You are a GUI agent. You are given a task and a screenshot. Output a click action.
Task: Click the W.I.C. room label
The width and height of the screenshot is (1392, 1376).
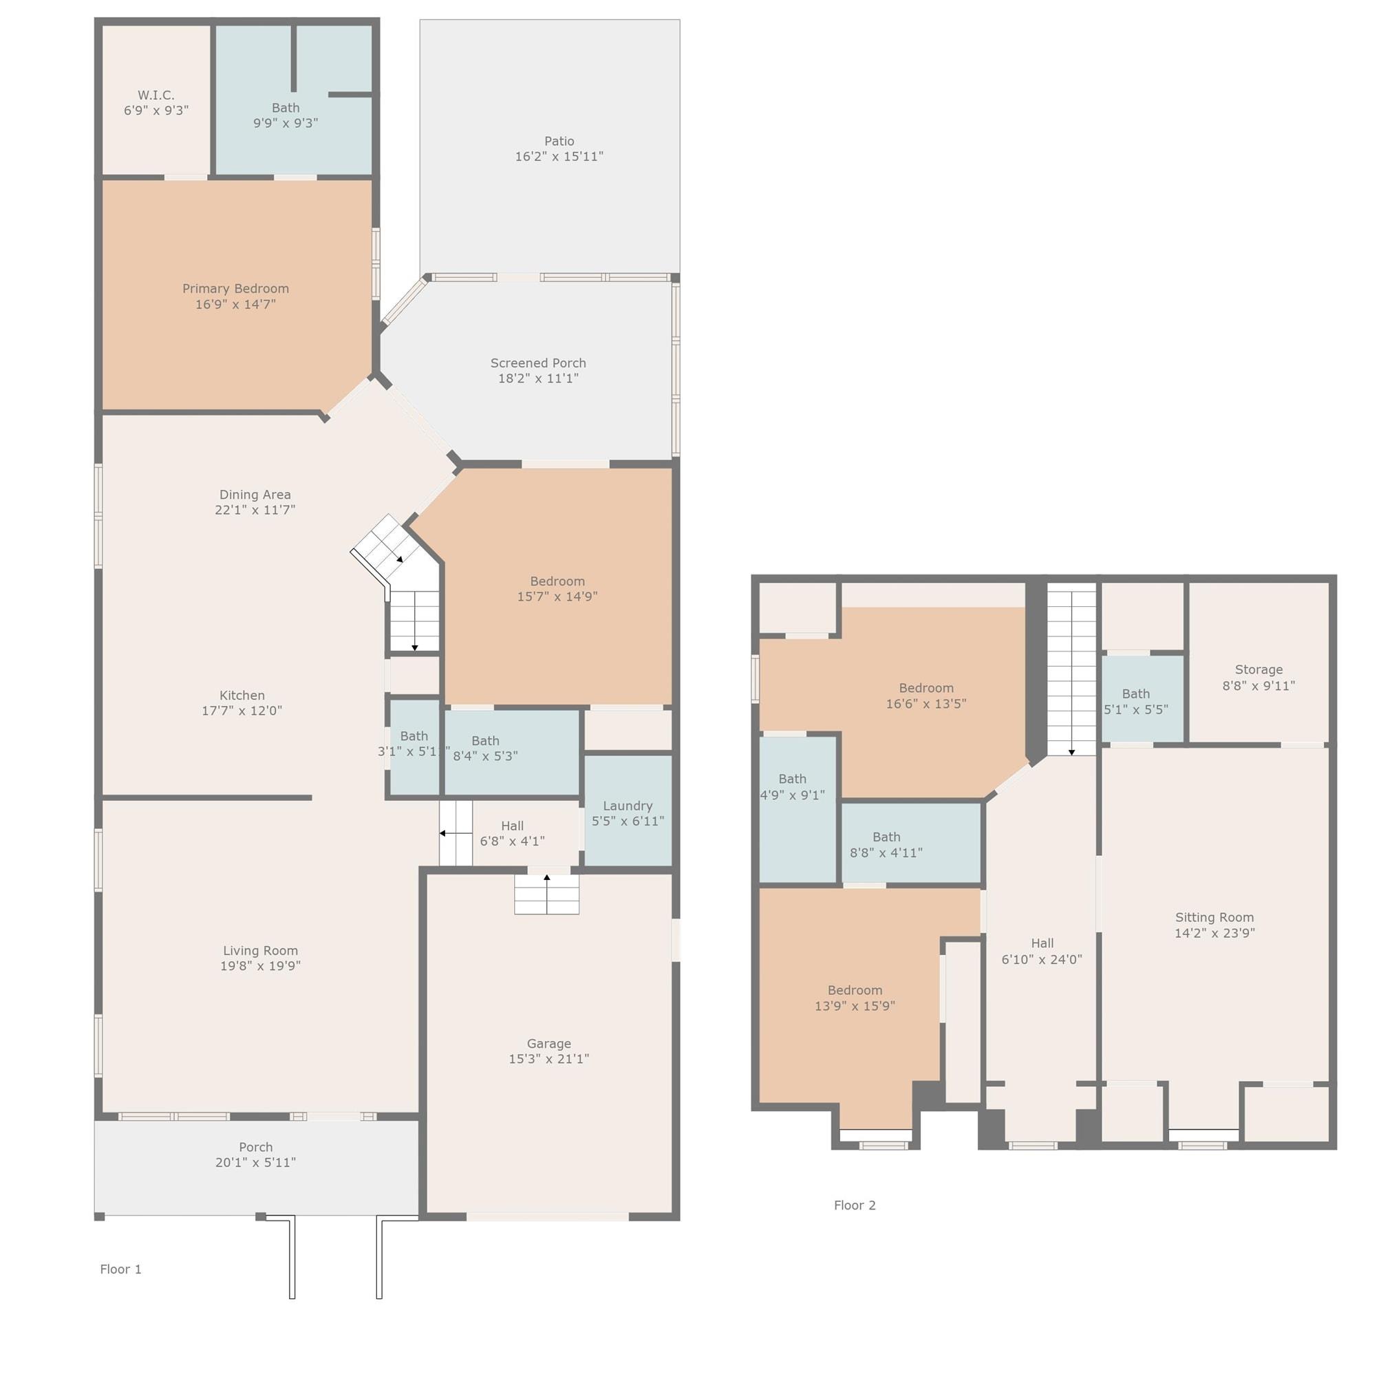[156, 95]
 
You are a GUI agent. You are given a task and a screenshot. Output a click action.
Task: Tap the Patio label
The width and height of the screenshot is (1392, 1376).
[559, 141]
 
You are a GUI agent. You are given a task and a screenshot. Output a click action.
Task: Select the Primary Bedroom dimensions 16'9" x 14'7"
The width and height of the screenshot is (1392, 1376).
[235, 304]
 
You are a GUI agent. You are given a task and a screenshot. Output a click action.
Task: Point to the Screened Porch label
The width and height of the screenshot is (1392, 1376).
[538, 363]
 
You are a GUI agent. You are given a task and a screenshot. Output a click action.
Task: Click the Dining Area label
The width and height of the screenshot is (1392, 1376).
[255, 495]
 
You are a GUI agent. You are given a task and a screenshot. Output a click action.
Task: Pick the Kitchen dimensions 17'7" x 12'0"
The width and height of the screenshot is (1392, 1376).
[242, 710]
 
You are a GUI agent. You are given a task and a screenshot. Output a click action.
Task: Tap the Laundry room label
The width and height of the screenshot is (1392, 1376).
[628, 806]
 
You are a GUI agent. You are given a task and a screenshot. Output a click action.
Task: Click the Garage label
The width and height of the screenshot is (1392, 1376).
[549, 1043]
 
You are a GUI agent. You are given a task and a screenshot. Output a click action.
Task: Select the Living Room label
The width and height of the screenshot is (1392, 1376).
[260, 950]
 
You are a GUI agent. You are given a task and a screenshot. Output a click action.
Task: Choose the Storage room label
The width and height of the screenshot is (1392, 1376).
[1259, 670]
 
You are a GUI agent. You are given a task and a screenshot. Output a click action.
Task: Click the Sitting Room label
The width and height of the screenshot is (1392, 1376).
[1214, 917]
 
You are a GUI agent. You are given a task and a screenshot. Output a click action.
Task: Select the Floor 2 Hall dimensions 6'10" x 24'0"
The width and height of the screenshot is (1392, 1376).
[1042, 959]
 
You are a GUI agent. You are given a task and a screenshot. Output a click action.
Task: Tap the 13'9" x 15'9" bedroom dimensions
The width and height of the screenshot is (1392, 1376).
[855, 1006]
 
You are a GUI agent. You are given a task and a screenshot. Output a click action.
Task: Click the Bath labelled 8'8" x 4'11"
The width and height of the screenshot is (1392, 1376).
[886, 837]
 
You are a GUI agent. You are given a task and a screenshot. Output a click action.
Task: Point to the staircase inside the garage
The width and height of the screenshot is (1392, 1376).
[547, 894]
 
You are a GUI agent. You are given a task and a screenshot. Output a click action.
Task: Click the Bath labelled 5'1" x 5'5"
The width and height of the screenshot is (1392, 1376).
[1136, 694]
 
